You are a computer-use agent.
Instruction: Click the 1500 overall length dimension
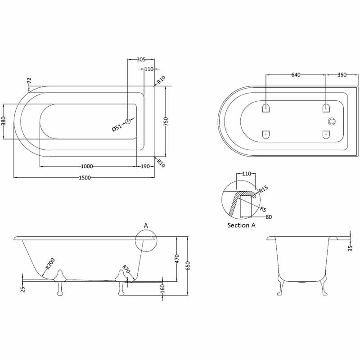tap(85, 177)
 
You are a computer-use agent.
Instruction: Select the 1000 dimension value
tap(87, 166)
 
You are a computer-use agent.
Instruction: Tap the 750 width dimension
tap(166, 121)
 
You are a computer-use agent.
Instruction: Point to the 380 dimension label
tap(3, 121)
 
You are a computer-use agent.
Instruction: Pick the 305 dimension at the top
tap(141, 59)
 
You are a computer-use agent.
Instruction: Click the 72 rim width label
tap(29, 81)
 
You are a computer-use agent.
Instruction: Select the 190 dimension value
tap(145, 166)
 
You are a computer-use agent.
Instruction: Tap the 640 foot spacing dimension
tap(296, 75)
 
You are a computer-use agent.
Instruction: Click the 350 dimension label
tap(342, 75)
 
